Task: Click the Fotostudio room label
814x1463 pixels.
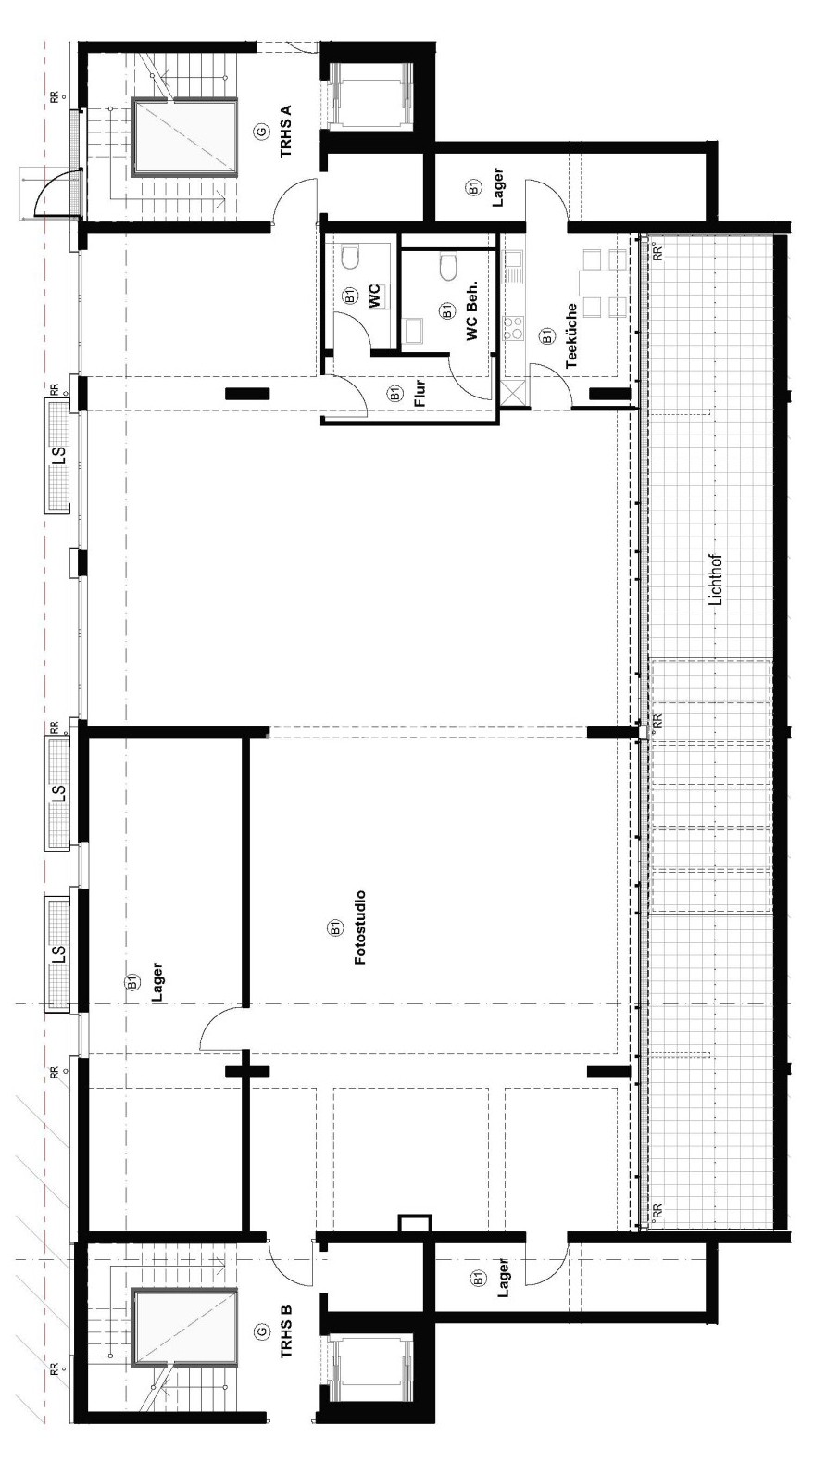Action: pos(359,927)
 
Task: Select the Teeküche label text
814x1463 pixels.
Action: pos(571,335)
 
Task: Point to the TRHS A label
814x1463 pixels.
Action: pos(286,132)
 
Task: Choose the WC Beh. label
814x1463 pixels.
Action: pos(472,311)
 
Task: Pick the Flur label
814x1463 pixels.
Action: pos(420,393)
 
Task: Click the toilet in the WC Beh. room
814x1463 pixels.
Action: pos(448,267)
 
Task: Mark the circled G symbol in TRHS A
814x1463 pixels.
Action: pos(261,132)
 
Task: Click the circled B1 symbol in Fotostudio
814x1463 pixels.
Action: pos(335,927)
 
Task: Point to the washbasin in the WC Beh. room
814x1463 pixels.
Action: pos(412,330)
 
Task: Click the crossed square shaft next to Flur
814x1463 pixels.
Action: pos(514,393)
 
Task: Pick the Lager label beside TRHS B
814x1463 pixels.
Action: pos(502,1278)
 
